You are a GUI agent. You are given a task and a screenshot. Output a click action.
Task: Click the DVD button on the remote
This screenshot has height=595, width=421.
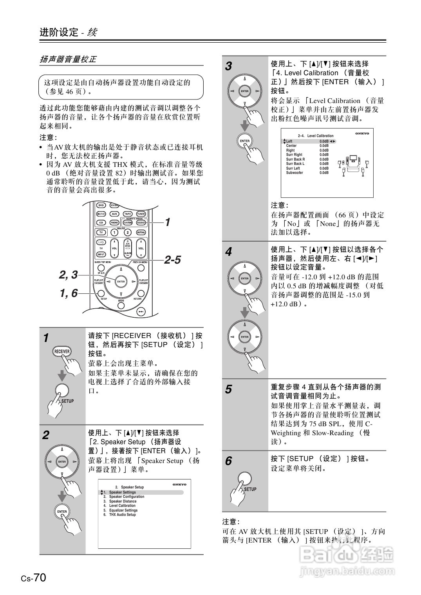point(101,205)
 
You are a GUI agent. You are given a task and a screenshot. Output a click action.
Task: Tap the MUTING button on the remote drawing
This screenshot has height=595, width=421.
point(141,232)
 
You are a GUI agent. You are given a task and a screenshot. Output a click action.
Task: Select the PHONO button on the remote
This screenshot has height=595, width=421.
point(114,222)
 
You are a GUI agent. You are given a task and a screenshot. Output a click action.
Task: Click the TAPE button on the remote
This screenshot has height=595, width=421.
point(128,214)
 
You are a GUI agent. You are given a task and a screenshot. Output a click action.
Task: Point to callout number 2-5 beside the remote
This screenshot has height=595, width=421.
point(172,260)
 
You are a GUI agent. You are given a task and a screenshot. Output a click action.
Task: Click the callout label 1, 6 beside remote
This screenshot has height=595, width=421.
point(69,293)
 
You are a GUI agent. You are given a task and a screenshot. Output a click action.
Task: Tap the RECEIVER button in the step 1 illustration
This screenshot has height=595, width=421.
point(61,351)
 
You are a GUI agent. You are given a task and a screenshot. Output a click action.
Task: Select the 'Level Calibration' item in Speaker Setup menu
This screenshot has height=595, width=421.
point(122,506)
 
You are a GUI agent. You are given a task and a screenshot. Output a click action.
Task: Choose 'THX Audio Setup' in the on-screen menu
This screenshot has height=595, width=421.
point(122,515)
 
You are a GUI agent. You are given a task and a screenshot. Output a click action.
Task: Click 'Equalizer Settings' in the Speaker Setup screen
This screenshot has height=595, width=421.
point(123,510)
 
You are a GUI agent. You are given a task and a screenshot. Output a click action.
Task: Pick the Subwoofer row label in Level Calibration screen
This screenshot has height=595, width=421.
point(295,173)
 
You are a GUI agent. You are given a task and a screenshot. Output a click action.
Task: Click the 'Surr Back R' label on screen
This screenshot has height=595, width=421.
point(295,159)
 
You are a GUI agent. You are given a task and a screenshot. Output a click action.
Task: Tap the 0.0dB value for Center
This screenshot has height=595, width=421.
point(324,146)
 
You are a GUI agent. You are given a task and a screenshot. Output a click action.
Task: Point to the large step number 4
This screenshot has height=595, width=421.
point(229,251)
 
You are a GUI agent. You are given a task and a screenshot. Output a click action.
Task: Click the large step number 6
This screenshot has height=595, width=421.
point(229,461)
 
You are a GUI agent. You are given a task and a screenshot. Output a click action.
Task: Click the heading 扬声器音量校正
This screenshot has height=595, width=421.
point(68,60)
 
